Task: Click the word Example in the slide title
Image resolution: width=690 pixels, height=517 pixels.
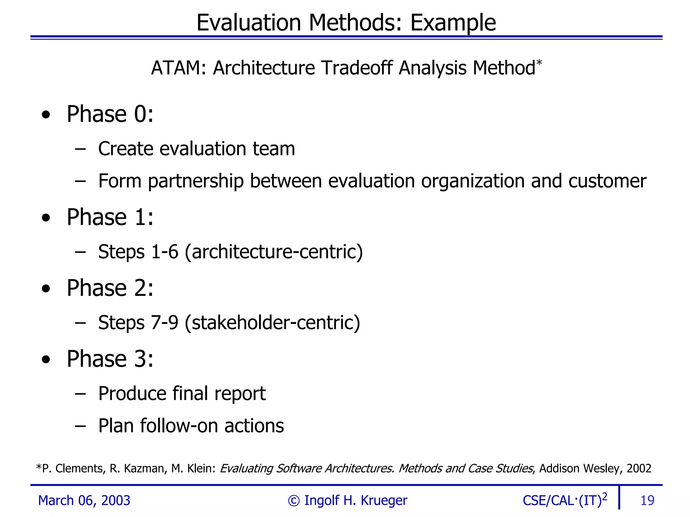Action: [x=453, y=23]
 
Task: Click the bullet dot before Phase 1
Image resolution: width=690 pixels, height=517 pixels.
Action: [x=46, y=218]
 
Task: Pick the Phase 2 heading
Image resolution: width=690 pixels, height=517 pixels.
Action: [x=110, y=288]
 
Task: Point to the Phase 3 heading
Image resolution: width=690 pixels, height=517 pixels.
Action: [x=110, y=359]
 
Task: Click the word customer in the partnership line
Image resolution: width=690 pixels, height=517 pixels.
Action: [x=607, y=181]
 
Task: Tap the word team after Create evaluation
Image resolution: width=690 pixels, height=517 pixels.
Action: [x=274, y=149]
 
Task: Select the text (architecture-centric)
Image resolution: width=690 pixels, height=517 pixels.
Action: [x=274, y=252]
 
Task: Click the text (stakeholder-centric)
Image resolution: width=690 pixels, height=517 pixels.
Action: [x=273, y=323]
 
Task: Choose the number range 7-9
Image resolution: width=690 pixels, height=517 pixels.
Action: [x=164, y=323]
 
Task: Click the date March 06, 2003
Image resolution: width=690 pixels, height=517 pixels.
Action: [x=84, y=500]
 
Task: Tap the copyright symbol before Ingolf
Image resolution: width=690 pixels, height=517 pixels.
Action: [x=293, y=501]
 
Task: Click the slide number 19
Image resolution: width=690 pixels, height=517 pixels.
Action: [x=647, y=500]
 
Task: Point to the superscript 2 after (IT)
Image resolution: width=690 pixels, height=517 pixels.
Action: [x=604, y=496]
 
